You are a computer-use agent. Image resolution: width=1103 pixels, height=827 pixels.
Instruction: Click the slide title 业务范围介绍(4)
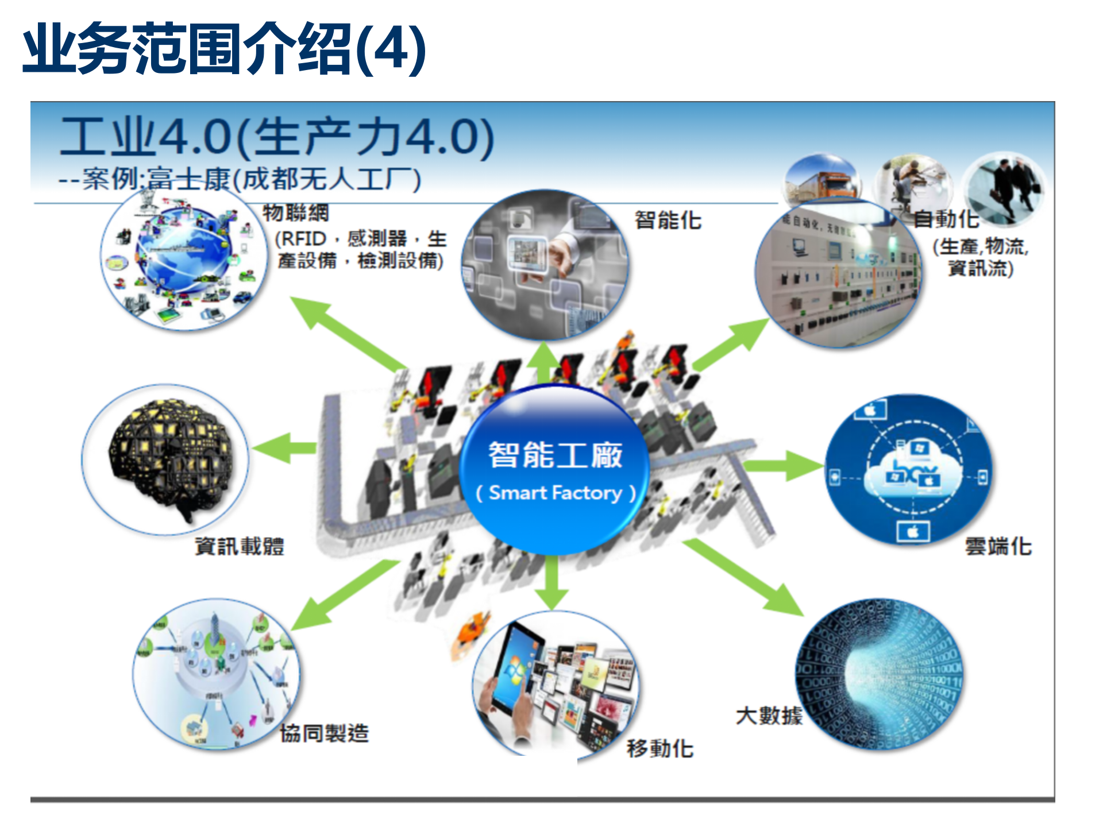(x=224, y=48)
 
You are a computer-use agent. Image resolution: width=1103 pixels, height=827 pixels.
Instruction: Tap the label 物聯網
(x=296, y=212)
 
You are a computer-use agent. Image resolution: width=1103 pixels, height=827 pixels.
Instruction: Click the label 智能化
(x=668, y=220)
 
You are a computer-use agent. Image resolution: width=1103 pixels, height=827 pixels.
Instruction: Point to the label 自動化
(x=946, y=219)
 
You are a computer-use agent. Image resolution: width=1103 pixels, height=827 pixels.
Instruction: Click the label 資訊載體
(x=240, y=546)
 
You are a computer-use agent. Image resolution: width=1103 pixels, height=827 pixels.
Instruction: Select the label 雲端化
(x=998, y=546)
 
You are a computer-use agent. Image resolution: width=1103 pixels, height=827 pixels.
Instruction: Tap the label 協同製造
(x=324, y=733)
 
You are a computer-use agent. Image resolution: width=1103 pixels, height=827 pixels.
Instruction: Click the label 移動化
(x=660, y=748)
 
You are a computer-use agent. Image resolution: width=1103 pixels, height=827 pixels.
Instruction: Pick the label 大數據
(x=769, y=716)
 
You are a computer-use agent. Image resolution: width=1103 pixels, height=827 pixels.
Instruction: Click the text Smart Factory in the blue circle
(x=556, y=493)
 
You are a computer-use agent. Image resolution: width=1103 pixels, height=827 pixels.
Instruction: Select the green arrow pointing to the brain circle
(x=284, y=448)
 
